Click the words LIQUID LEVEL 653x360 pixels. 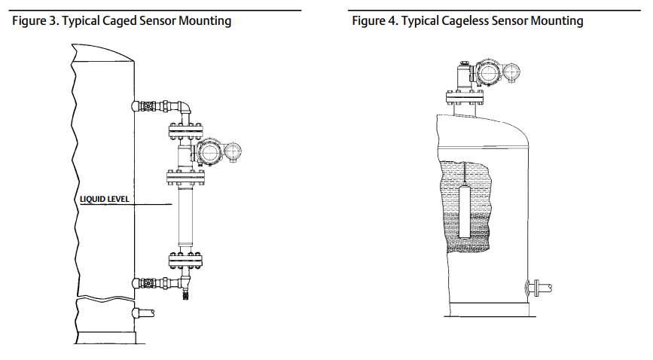[105, 200]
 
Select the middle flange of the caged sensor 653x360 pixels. [185, 177]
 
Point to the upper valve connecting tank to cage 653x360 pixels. [151, 105]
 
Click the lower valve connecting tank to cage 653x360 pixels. [151, 283]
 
